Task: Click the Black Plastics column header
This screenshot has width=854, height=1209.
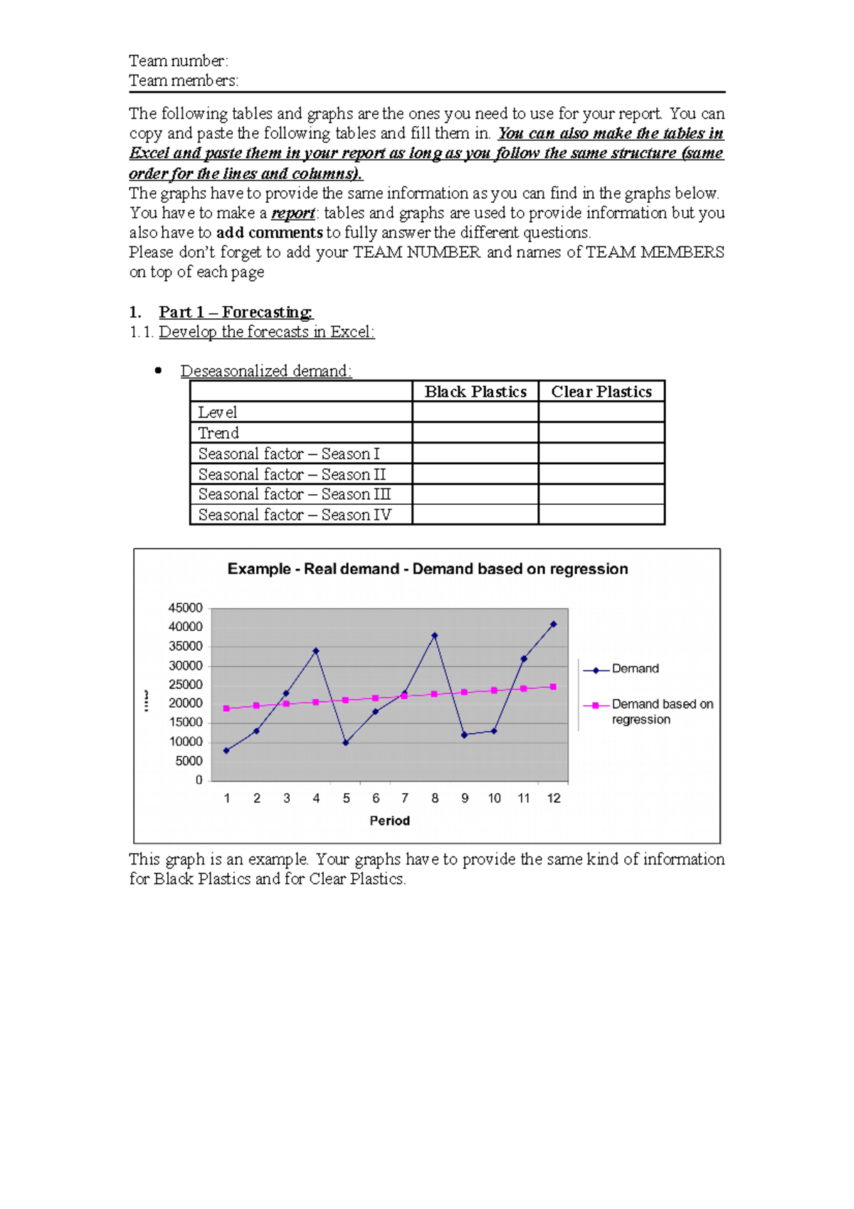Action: click(475, 392)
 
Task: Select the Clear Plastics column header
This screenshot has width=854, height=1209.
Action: click(601, 392)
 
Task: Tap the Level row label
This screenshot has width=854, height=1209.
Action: click(218, 412)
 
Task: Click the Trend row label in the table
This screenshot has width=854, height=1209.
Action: click(218, 433)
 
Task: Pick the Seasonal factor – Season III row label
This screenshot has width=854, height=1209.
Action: click(295, 494)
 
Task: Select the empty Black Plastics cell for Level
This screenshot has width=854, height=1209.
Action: click(475, 412)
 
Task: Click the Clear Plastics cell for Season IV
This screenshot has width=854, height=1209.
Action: click(601, 515)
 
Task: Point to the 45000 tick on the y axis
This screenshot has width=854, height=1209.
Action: click(186, 608)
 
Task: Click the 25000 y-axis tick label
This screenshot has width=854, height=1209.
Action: click(186, 685)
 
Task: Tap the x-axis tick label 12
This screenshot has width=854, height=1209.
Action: click(554, 798)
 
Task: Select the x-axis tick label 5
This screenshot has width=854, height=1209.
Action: click(346, 798)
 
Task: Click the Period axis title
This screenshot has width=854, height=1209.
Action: click(390, 821)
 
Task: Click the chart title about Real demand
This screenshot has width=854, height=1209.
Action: click(428, 569)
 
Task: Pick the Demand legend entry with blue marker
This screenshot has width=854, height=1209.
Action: click(635, 669)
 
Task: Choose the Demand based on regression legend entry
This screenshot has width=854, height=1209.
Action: click(662, 711)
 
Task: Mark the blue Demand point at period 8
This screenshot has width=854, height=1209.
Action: click(435, 636)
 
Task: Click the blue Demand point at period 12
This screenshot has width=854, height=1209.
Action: click(554, 624)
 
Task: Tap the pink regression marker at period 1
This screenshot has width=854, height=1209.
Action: click(227, 708)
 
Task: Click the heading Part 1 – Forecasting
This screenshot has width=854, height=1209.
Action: click(236, 312)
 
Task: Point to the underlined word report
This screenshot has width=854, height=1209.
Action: click(293, 213)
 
